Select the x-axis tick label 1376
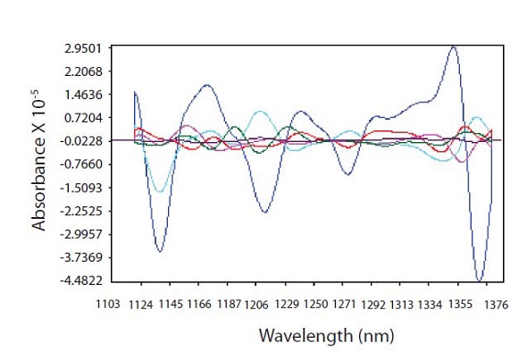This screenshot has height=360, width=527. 496,305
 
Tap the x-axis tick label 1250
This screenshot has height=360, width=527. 316,305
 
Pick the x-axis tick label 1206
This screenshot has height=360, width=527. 254,305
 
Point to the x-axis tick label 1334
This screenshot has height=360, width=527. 437,305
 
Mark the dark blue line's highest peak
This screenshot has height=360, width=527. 454,47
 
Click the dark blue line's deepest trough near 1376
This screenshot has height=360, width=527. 480,280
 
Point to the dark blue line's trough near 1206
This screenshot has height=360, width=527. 264,212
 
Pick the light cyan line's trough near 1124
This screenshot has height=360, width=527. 159,191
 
